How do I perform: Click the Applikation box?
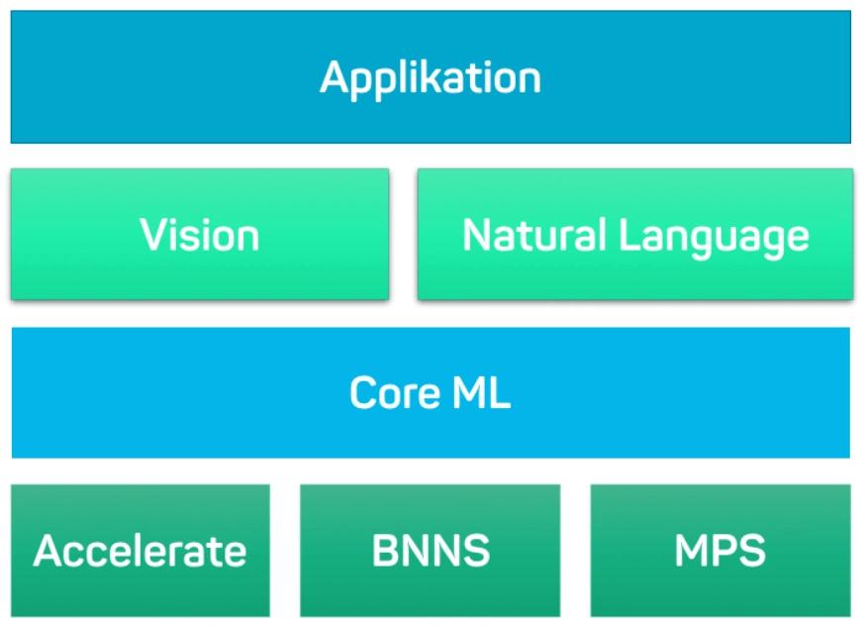[x=431, y=77]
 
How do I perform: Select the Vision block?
[x=199, y=235]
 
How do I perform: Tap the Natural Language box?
[x=634, y=235]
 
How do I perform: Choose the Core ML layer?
[x=431, y=393]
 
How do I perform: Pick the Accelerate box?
[x=140, y=551]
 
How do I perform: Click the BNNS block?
[x=430, y=551]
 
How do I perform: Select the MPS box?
[x=719, y=551]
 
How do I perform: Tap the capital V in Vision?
[x=151, y=235]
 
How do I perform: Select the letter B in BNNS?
[x=384, y=551]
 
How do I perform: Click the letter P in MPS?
[x=719, y=551]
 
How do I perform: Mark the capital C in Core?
[x=364, y=393]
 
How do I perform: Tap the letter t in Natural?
[x=521, y=236]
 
